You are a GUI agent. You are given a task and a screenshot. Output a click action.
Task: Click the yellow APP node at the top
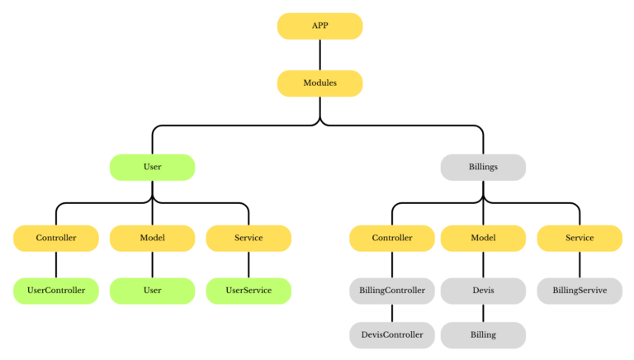click(x=319, y=26)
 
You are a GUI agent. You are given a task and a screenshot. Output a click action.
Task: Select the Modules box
click(x=319, y=83)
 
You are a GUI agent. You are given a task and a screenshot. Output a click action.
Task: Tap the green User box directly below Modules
click(x=152, y=167)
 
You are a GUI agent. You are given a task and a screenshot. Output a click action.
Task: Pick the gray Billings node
click(x=483, y=167)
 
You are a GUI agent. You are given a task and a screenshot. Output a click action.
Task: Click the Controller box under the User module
click(x=55, y=238)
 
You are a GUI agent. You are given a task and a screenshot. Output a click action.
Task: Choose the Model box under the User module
click(x=152, y=238)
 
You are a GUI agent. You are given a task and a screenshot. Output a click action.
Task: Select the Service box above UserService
click(x=248, y=238)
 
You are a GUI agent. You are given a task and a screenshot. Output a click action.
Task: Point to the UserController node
click(x=55, y=291)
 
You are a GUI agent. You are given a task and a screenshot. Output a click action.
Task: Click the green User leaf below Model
click(x=152, y=291)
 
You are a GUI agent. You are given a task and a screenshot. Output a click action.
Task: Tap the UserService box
click(x=248, y=291)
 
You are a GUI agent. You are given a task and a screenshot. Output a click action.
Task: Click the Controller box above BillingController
click(x=392, y=238)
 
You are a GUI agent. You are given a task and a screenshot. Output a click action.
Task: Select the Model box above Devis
click(x=483, y=238)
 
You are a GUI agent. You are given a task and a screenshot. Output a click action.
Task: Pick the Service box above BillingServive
click(x=580, y=238)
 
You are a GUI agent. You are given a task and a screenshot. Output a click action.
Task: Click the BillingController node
click(x=392, y=291)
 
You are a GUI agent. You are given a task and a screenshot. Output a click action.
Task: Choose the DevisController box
click(x=392, y=334)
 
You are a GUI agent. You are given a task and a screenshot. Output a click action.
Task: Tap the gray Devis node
click(x=483, y=291)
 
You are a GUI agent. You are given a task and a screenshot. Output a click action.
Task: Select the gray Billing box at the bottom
click(x=483, y=334)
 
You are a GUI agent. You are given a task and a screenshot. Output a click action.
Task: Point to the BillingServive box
click(x=580, y=291)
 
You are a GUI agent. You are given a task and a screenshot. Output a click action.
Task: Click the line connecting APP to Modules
click(x=319, y=54)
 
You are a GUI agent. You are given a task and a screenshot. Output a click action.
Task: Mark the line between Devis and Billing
click(x=483, y=313)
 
